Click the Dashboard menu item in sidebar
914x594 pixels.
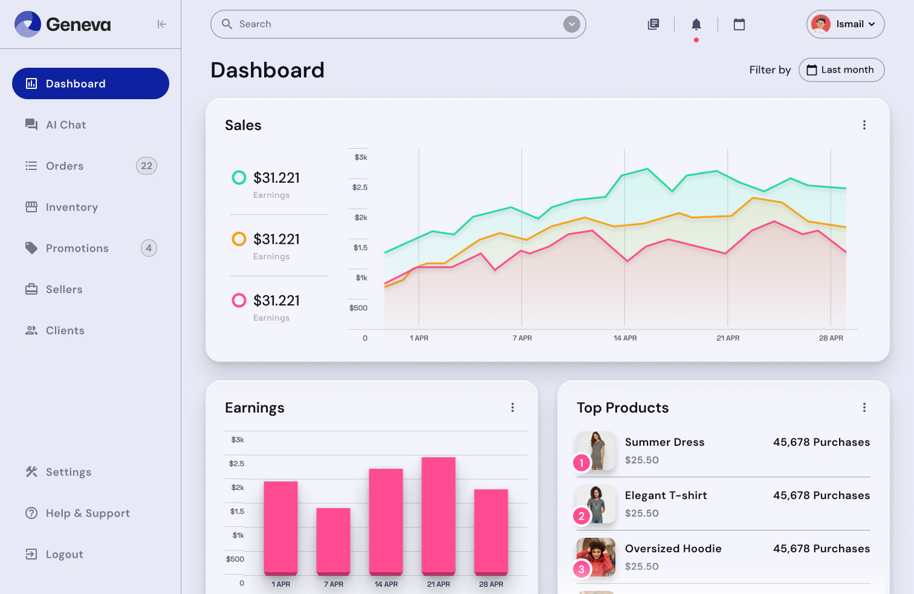point(91,83)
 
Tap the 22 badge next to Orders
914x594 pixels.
point(146,166)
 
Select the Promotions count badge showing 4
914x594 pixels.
point(149,248)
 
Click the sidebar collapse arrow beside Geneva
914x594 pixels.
point(161,24)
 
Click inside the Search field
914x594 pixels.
point(387,24)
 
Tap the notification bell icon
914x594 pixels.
point(696,24)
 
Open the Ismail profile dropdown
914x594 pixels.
point(845,24)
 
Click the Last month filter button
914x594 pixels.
point(841,70)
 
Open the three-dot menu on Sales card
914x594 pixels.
point(864,125)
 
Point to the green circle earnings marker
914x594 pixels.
point(239,177)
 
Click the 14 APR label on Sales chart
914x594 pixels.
point(625,338)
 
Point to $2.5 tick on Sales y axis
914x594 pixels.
point(360,188)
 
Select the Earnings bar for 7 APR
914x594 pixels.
point(333,541)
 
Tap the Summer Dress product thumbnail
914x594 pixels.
point(596,451)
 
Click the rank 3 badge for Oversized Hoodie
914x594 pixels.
point(582,569)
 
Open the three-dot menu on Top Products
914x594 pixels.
point(864,407)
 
